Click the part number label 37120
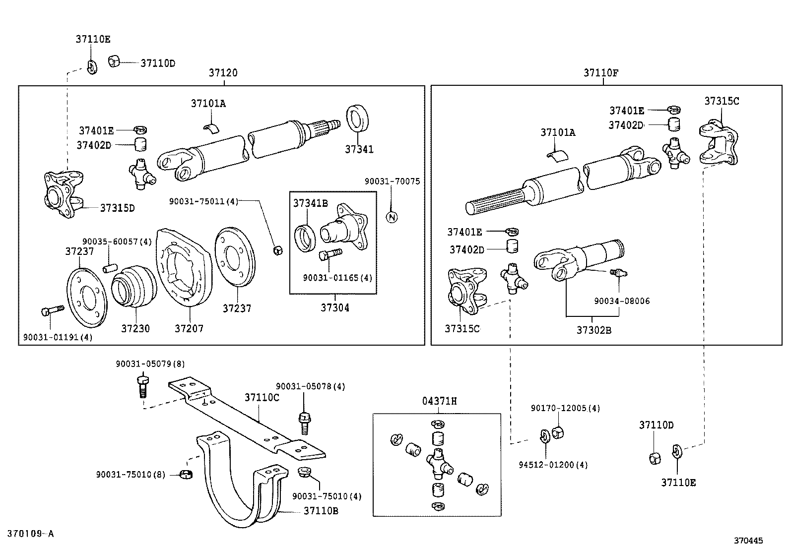[x=223, y=73]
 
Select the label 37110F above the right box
[x=600, y=73]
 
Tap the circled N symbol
[x=392, y=217]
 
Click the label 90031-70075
[x=392, y=182]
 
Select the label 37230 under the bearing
[x=135, y=328]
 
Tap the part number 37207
[x=189, y=328]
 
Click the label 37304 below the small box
[x=334, y=307]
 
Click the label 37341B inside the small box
[x=310, y=203]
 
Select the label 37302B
[x=593, y=329]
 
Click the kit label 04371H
[x=439, y=401]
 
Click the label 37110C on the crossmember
[x=262, y=397]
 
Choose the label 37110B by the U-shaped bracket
[x=321, y=510]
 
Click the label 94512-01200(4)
[x=553, y=465]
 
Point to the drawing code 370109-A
[x=30, y=534]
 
